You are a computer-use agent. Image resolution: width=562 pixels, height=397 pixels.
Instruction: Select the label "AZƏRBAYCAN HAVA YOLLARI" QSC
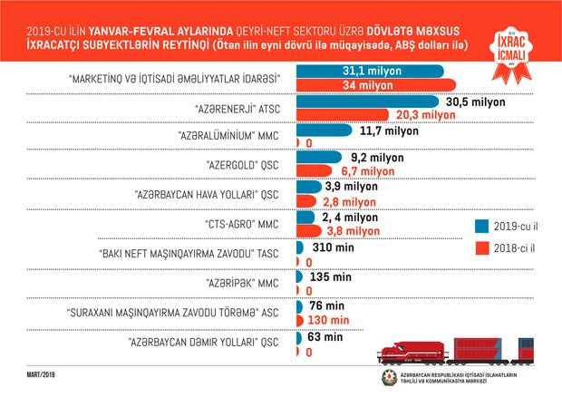coord(206,195)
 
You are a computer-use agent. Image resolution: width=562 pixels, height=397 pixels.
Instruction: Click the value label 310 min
coord(329,247)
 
